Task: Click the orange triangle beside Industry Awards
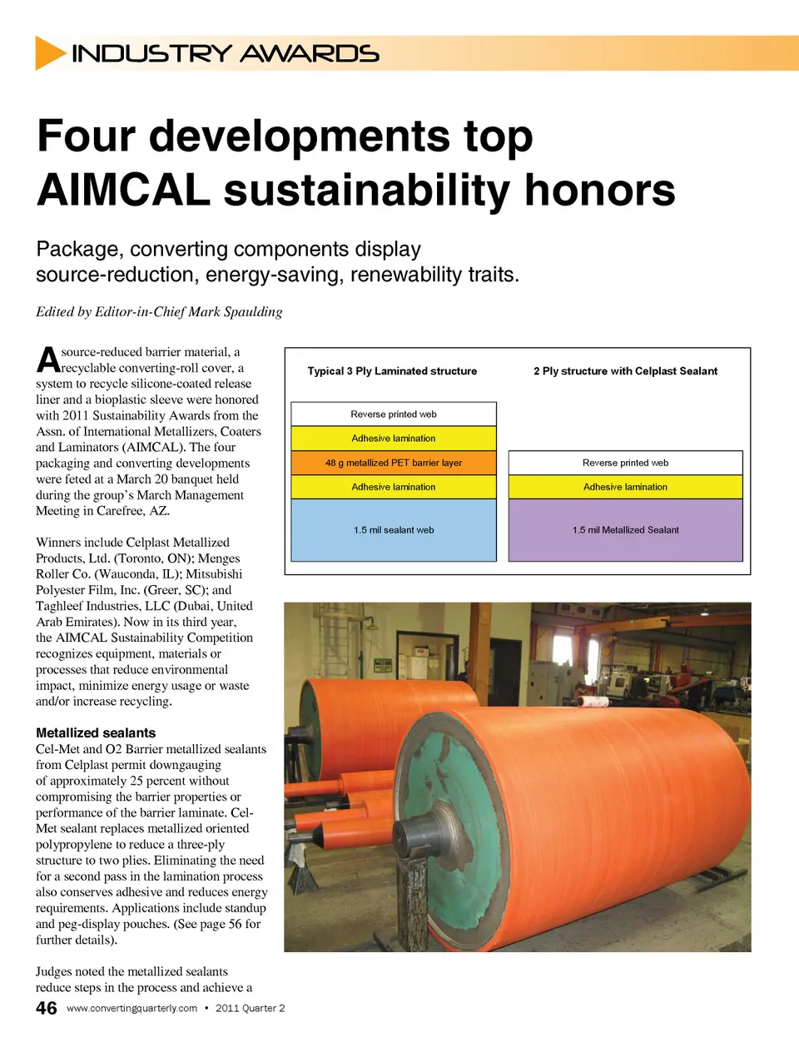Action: click(49, 53)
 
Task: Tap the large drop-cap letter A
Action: click(47, 360)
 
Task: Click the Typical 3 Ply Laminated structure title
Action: click(392, 371)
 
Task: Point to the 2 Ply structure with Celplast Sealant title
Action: click(625, 371)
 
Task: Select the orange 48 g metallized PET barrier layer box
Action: click(394, 463)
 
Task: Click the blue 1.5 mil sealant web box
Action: click(394, 530)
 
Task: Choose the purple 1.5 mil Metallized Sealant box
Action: click(625, 530)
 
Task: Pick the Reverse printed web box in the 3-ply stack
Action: click(394, 414)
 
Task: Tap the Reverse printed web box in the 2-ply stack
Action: click(625, 463)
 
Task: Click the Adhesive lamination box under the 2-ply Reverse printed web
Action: click(625, 487)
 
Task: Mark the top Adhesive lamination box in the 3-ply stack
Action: click(394, 439)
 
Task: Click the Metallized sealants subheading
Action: click(96, 733)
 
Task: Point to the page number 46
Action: click(47, 1008)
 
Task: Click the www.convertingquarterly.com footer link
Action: click(132, 1009)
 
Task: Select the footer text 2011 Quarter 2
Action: click(250, 1009)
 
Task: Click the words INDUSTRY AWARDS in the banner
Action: click(226, 54)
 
